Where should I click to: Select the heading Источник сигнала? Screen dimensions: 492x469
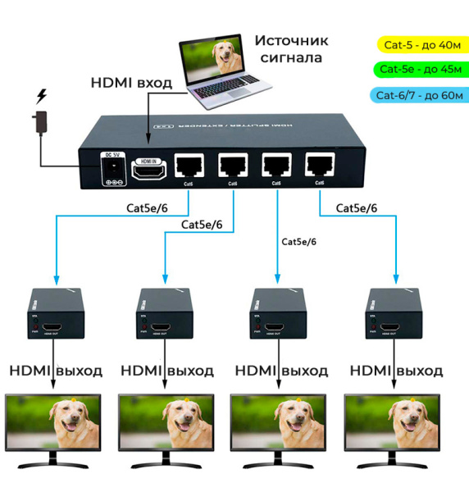(x=290, y=48)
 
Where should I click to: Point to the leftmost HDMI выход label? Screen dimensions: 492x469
(x=56, y=371)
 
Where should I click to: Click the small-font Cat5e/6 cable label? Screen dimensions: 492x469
(x=298, y=241)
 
